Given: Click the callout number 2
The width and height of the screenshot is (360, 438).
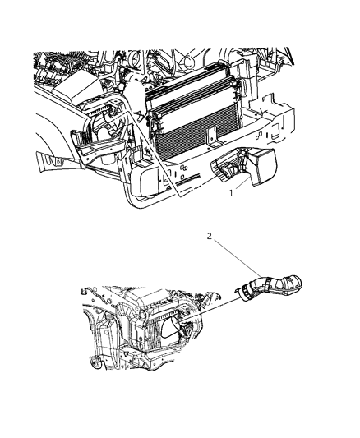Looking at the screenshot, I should pyautogui.click(x=210, y=236).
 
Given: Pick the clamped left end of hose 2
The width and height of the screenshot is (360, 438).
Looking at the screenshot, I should pyautogui.click(x=244, y=289).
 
